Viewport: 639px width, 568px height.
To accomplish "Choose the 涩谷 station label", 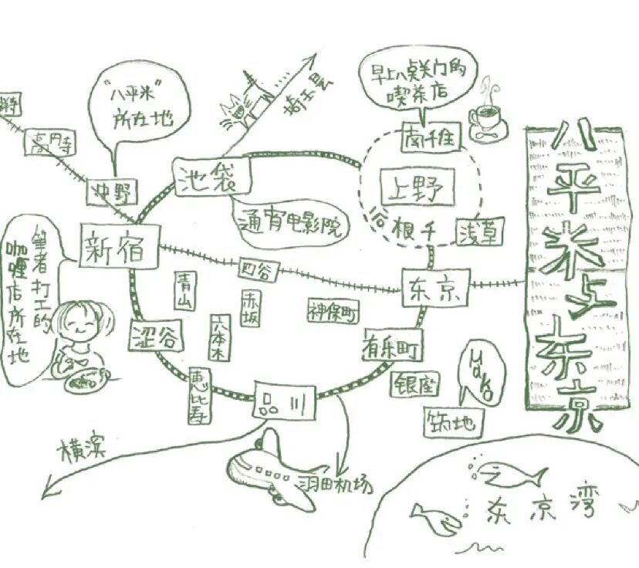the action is point(157,336).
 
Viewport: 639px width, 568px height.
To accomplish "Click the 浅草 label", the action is point(480,231).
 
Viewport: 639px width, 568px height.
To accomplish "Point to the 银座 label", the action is point(417,384).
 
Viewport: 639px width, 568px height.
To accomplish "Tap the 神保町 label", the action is point(334,310).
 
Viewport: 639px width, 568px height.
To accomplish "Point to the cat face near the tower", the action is point(236,113).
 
